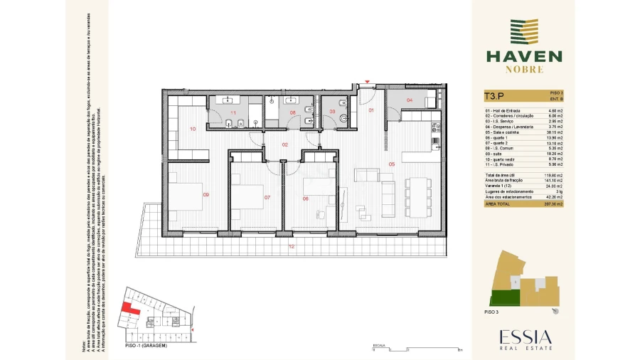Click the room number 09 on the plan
[206, 195]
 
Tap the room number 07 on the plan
[267, 197]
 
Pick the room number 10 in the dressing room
[193, 129]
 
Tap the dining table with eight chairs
[417, 196]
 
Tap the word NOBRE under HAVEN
[525, 70]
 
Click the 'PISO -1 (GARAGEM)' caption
[146, 345]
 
